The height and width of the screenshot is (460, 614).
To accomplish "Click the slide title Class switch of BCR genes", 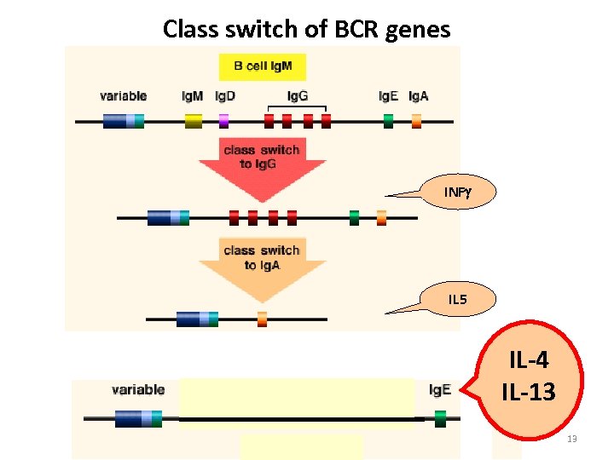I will pyautogui.click(x=306, y=29).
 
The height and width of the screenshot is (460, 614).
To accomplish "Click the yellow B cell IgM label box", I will pyautogui.click(x=262, y=66).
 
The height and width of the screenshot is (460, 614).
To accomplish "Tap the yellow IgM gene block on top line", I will pyautogui.click(x=194, y=121).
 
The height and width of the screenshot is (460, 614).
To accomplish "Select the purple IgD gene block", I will pyautogui.click(x=224, y=121).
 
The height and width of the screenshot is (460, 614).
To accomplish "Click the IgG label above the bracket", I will pyautogui.click(x=298, y=95).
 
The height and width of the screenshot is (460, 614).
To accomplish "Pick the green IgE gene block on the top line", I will pyautogui.click(x=388, y=121).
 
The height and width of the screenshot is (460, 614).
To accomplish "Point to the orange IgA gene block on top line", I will pyautogui.click(x=416, y=121).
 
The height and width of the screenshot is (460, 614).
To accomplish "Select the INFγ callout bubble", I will pyautogui.click(x=457, y=191).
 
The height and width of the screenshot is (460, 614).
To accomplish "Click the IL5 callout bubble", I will pyautogui.click(x=457, y=299).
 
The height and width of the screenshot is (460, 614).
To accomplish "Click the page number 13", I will pyautogui.click(x=572, y=439).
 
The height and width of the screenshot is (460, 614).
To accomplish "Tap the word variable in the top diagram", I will pyautogui.click(x=123, y=96).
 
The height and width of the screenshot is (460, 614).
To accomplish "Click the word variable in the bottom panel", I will pyautogui.click(x=137, y=389).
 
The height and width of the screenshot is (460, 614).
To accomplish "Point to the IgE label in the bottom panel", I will pyautogui.click(x=440, y=389).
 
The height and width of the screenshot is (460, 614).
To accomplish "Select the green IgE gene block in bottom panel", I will pyautogui.click(x=440, y=418).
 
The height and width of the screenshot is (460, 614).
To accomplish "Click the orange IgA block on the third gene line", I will pyautogui.click(x=262, y=319).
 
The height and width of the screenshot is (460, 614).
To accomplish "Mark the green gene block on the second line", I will pyautogui.click(x=354, y=217).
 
